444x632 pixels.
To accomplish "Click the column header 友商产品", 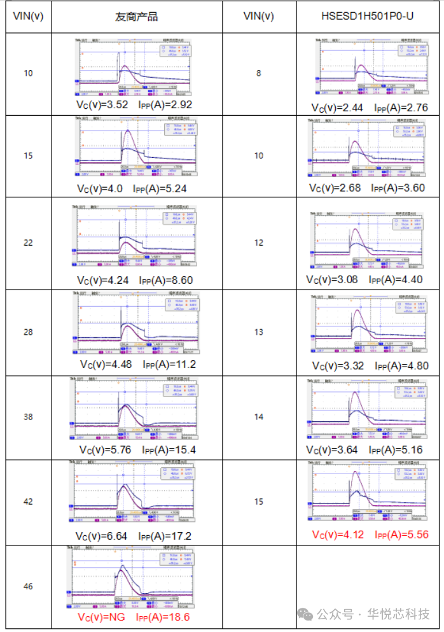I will coord(136,17).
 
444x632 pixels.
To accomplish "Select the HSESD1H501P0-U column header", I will coord(367,17).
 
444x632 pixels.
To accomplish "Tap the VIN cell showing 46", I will coord(28,586).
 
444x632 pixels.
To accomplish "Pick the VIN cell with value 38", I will coord(28,417).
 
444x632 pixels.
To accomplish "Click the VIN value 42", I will coord(28,502).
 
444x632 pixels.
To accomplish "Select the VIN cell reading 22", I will coord(28,242).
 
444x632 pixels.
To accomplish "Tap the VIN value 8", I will coord(258,73).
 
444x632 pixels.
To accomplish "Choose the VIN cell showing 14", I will coord(258,417).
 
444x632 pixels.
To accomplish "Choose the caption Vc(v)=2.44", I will coord(336,108).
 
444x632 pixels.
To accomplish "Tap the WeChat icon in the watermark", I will coord(306,614).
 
